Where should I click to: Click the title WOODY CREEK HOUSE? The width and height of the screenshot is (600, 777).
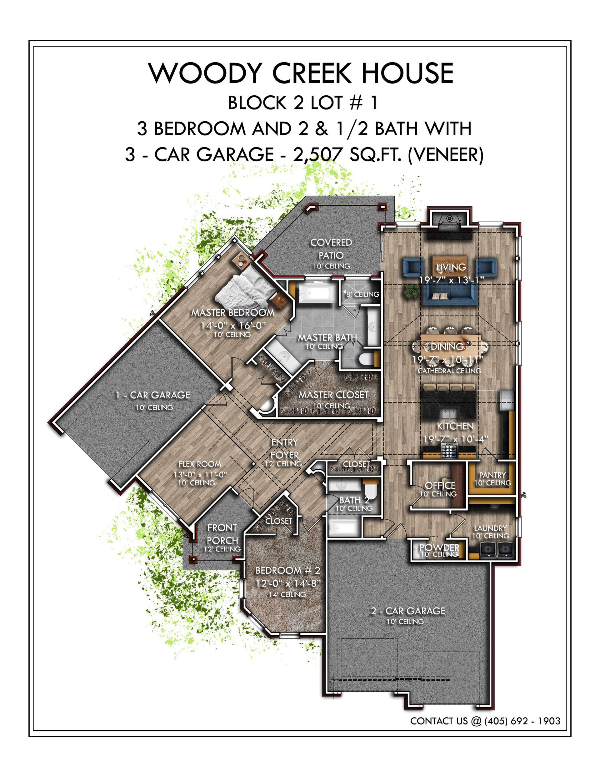click(x=301, y=73)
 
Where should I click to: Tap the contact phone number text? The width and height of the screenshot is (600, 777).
click(x=522, y=721)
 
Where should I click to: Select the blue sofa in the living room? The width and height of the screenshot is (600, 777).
click(x=450, y=295)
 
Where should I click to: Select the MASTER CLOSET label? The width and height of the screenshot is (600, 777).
click(x=333, y=395)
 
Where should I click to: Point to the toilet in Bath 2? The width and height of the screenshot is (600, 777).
click(x=370, y=490)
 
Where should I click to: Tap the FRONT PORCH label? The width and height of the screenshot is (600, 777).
click(x=222, y=534)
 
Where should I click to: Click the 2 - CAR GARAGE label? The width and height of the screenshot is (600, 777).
click(x=408, y=611)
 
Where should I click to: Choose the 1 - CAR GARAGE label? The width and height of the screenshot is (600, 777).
click(x=152, y=395)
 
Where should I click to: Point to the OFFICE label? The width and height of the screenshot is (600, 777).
click(x=440, y=485)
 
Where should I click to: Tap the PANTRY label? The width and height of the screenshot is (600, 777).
click(x=492, y=475)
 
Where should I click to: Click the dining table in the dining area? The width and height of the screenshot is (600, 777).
click(x=450, y=344)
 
